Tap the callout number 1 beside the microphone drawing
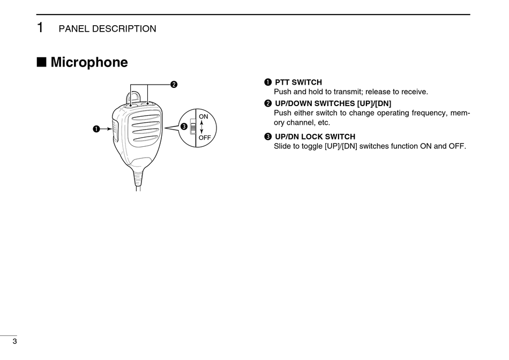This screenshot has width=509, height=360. pyautogui.click(x=96, y=129)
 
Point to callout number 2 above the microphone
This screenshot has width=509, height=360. pyautogui.click(x=174, y=84)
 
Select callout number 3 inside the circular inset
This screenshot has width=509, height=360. pyautogui.click(x=184, y=127)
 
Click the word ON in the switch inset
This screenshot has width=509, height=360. pyautogui.click(x=203, y=116)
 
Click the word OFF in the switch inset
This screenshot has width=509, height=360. pyautogui.click(x=204, y=138)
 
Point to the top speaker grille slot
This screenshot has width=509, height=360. pyautogui.click(x=146, y=118)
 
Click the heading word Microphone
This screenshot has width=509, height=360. pyautogui.click(x=89, y=63)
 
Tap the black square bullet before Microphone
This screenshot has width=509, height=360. pyautogui.click(x=41, y=63)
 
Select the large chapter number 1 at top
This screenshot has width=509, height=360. pyautogui.click(x=40, y=28)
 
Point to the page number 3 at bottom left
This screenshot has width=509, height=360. pyautogui.click(x=15, y=342)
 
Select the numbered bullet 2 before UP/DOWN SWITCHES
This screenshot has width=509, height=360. pyautogui.click(x=267, y=103)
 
